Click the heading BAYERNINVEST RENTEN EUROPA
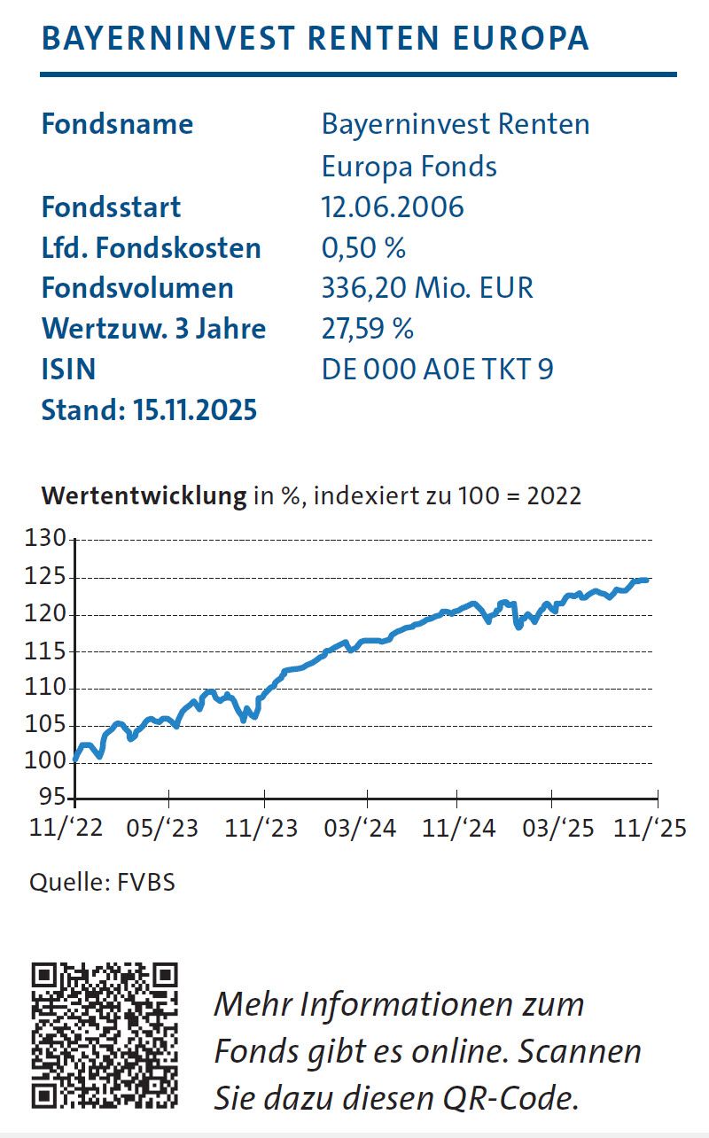(x=315, y=39)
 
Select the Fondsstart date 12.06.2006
(x=393, y=207)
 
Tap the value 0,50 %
(x=363, y=248)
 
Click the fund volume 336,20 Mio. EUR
(x=427, y=288)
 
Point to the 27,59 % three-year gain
(x=368, y=329)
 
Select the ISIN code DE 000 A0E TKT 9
(x=438, y=369)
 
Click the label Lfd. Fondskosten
(x=152, y=248)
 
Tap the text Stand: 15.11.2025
(x=149, y=409)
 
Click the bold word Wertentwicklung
(x=144, y=495)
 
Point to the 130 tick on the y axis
(x=47, y=540)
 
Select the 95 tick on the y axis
(x=53, y=798)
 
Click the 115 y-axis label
(x=47, y=651)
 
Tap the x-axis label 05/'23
(x=163, y=829)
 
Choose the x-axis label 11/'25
(x=651, y=829)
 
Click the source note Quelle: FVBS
(x=102, y=884)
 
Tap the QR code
(x=105, y=1036)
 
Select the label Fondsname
(x=117, y=124)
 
